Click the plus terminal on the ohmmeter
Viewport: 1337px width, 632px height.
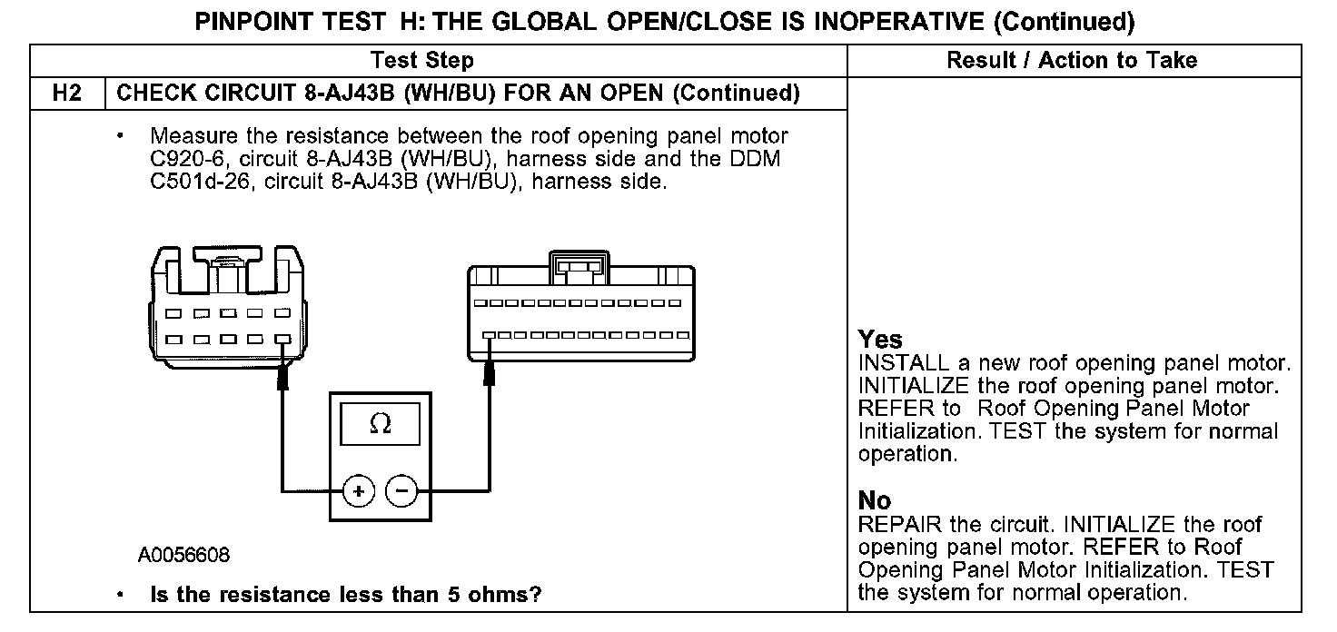359,491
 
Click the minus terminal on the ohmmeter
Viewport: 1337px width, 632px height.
402,491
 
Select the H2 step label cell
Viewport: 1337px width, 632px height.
68,93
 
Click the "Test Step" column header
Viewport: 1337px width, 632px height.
422,61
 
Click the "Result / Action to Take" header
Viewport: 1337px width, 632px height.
1072,61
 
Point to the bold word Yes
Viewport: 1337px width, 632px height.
880,340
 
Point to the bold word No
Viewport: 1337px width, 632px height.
875,500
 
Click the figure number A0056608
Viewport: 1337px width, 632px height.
184,555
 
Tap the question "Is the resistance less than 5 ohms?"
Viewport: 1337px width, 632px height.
346,596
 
